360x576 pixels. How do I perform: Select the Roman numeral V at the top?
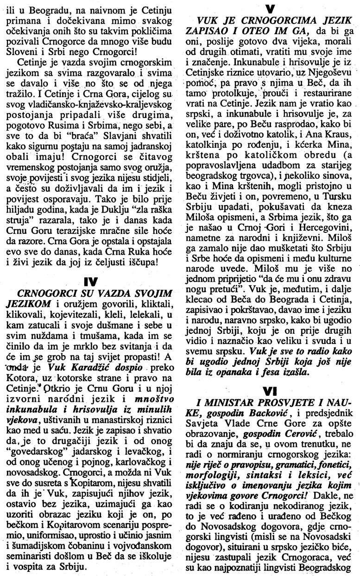tap(269, 8)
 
